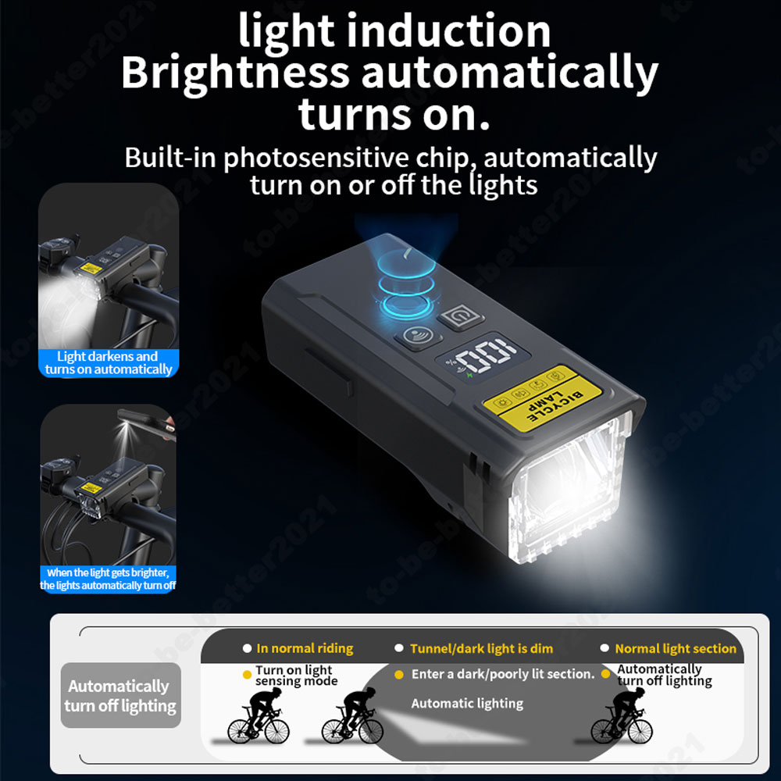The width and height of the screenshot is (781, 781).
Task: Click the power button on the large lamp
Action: tap(461, 317)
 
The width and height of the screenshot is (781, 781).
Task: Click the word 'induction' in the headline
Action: tap(448, 31)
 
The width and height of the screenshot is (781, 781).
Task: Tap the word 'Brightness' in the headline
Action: tap(235, 73)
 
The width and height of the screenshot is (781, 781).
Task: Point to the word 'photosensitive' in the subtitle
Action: tap(316, 159)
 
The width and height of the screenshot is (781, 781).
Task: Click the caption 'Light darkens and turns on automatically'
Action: tap(109, 362)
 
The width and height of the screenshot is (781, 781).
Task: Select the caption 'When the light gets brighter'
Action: tap(108, 572)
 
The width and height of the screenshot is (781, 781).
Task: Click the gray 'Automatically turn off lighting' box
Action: tap(120, 695)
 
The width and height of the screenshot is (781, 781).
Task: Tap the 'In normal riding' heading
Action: tap(305, 648)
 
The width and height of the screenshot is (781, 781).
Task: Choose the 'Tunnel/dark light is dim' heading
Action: tap(481, 648)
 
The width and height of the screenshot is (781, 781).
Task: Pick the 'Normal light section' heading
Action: tap(676, 648)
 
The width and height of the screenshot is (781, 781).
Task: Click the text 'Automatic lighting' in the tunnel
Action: tap(467, 704)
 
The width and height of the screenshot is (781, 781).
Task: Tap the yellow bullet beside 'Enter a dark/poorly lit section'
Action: tap(398, 675)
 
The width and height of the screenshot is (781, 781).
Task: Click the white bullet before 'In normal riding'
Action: tap(247, 648)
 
